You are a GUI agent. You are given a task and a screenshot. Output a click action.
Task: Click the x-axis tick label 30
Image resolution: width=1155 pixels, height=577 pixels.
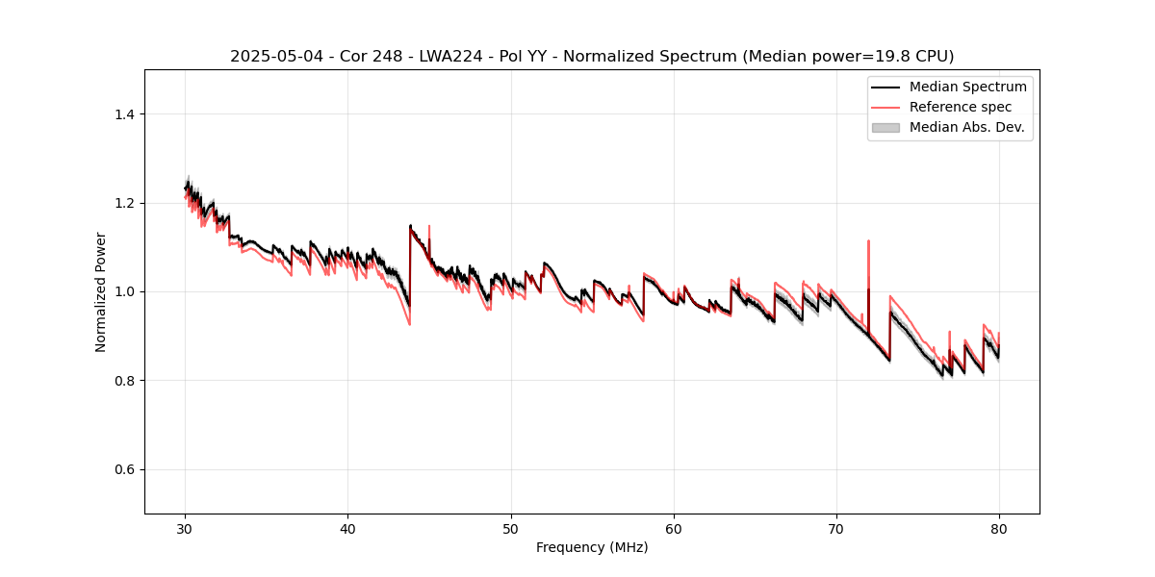[185, 529]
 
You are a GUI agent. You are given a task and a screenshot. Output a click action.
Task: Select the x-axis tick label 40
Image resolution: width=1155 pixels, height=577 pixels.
[347, 529]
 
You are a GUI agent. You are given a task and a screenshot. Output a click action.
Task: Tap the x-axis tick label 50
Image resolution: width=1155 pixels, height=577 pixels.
[511, 529]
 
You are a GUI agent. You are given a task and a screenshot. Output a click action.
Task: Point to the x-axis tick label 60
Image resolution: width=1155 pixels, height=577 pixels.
[674, 529]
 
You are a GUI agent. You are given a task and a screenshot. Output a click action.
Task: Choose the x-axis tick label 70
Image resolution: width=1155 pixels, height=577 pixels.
[836, 529]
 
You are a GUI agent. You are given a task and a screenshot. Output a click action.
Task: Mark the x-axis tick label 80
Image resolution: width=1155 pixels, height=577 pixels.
[999, 529]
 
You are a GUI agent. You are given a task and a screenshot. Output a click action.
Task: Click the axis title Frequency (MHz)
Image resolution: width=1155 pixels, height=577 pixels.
[592, 547]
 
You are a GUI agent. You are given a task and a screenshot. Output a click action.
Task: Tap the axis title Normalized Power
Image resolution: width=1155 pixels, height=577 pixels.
[100, 291]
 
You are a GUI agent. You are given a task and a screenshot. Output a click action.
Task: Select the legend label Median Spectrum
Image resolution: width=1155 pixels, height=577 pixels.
[967, 87]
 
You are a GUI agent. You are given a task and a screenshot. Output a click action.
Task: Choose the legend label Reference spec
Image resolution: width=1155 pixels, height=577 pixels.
[961, 107]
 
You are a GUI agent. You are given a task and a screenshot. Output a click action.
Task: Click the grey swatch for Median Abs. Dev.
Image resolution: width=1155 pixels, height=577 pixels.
[885, 127]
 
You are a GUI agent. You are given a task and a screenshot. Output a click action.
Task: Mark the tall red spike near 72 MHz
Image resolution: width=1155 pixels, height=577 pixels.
[868, 245]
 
